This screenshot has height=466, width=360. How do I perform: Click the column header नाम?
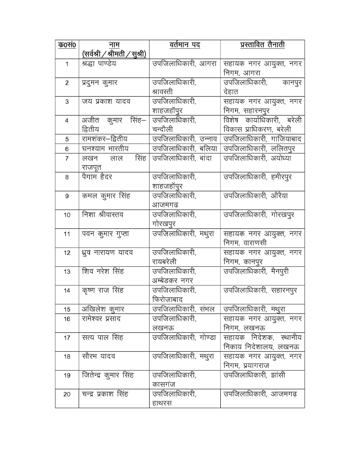click(114, 45)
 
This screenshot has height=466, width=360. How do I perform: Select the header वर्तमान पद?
click(185, 45)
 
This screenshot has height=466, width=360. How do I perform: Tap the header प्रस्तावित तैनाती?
click(262, 45)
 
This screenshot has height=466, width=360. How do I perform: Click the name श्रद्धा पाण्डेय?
click(99, 63)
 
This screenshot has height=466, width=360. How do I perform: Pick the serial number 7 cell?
click(67, 159)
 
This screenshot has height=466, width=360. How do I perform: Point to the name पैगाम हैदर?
click(97, 177)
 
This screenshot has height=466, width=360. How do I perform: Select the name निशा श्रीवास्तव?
click(103, 215)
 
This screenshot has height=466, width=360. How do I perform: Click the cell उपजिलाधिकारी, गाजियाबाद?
click(262, 139)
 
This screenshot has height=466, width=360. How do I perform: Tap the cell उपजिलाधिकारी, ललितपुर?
click(259, 149)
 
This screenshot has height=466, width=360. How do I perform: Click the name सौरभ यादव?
click(98, 356)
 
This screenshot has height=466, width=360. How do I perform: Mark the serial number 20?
click(67, 394)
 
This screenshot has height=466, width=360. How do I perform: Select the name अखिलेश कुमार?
click(103, 309)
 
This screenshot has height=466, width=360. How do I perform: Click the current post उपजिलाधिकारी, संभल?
click(183, 309)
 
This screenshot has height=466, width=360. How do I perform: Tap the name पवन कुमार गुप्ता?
click(105, 234)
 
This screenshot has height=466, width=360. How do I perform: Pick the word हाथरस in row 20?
click(162, 403)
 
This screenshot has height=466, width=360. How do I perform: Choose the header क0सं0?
click(67, 45)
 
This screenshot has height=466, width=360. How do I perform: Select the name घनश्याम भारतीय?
click(105, 149)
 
